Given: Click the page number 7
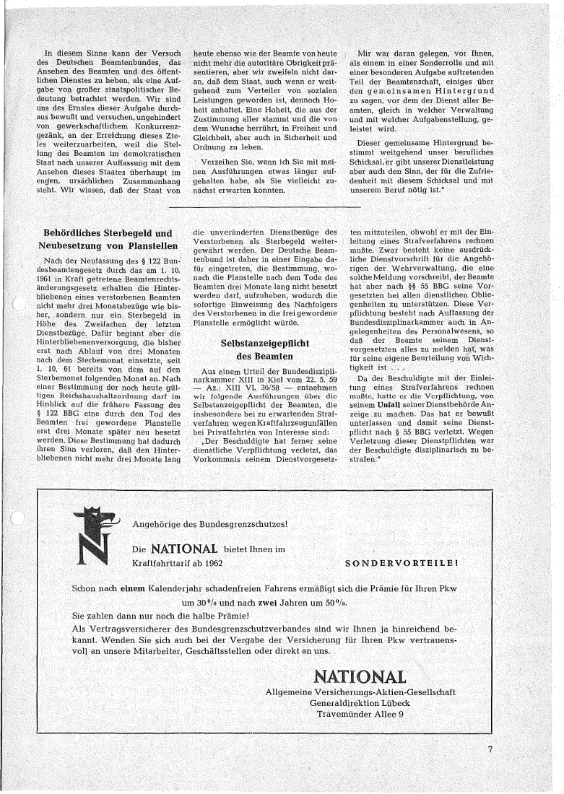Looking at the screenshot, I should coord(490,749).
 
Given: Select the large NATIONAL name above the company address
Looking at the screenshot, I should coord(360,677).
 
